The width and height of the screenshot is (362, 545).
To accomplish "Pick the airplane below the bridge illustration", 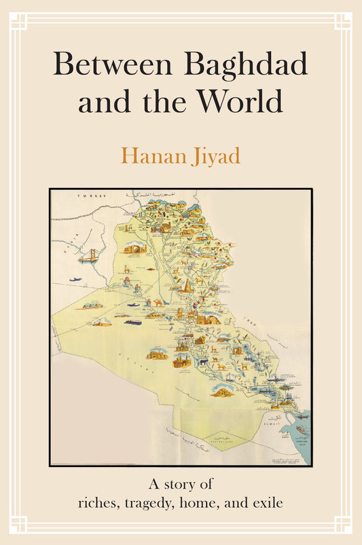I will click(x=74, y=280).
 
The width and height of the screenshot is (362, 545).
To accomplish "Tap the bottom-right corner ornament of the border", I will click(x=342, y=524).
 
